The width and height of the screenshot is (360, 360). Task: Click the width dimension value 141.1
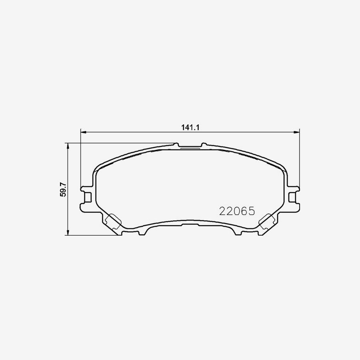tap(190, 127)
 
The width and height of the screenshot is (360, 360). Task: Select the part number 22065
tap(237, 211)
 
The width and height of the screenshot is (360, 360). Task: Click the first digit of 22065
tap(222, 211)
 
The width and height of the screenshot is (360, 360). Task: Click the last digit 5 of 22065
tap(251, 211)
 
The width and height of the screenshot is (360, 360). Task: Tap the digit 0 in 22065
tap(237, 211)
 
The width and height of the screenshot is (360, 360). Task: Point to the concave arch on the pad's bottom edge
tap(190, 223)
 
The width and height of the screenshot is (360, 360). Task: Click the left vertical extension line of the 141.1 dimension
tap(81, 160)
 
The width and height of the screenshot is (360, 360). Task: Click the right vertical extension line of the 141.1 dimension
tap(300, 160)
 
